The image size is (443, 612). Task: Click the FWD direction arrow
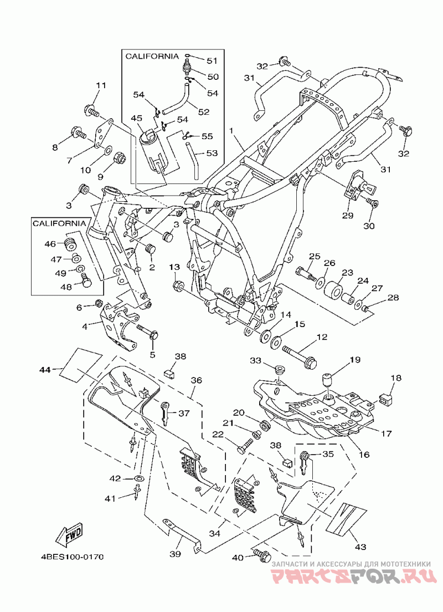coord(70,536)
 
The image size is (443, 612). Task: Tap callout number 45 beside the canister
coord(136,118)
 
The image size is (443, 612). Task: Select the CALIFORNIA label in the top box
coord(152,56)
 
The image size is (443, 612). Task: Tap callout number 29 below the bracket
coord(347,215)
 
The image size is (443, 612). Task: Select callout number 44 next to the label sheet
coord(45,369)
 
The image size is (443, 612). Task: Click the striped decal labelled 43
coord(347,515)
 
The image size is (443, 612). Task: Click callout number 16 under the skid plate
coord(364,455)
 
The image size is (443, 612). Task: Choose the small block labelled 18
coord(385,399)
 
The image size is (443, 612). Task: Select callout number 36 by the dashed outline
coord(196,380)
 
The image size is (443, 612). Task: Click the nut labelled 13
coord(178,286)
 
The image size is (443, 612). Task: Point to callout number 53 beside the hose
coord(212,153)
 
